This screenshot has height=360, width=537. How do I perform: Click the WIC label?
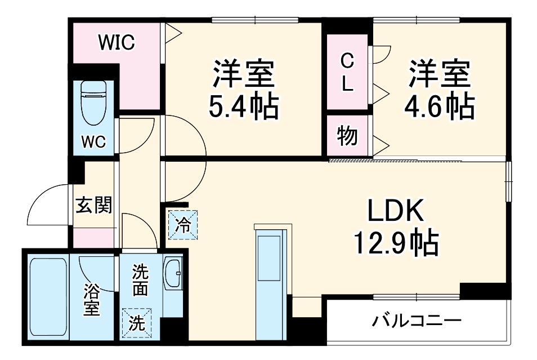coord(117,43)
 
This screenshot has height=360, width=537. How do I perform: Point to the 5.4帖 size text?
coord(243,106)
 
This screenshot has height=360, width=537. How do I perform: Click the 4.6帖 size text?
coord(440,106)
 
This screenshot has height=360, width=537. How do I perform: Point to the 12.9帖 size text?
coord(395,243)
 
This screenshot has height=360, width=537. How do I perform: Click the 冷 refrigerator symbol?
coord(184,224)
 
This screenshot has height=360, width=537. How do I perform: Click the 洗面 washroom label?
coord(140,280)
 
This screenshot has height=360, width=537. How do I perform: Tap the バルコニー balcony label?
coord(417,322)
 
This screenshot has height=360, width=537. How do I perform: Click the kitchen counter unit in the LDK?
coord(272,282)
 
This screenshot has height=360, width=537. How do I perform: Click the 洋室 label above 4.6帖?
coord(440,73)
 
